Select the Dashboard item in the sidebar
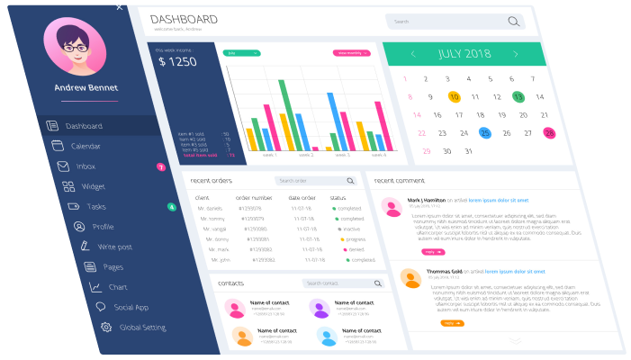click(x=84, y=126)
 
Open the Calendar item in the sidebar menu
click(x=86, y=146)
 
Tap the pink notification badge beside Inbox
click(x=160, y=166)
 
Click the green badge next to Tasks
click(x=171, y=207)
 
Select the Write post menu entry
click(x=114, y=247)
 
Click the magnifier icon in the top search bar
click(x=514, y=22)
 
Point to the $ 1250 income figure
click(x=177, y=62)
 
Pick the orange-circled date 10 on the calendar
click(x=454, y=96)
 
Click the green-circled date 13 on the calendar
click(x=518, y=96)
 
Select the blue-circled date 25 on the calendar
click(x=484, y=133)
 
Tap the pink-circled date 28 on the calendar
click(x=549, y=133)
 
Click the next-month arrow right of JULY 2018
click(x=516, y=54)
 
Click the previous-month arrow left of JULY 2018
click(x=413, y=54)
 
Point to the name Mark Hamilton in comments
click(x=426, y=200)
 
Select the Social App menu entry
click(x=131, y=307)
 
